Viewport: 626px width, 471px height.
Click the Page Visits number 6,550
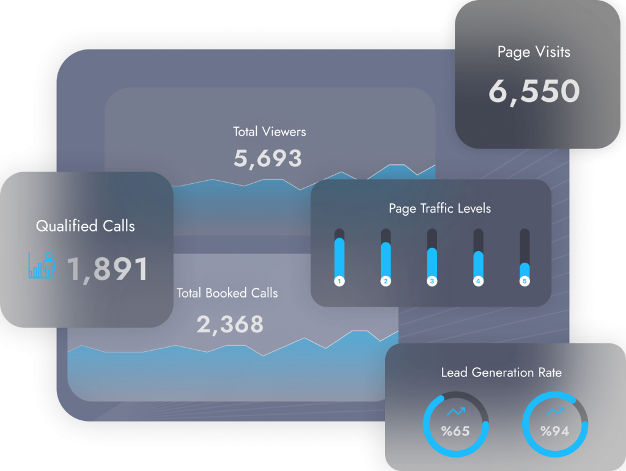point(534,91)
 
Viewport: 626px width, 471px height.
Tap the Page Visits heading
point(534,52)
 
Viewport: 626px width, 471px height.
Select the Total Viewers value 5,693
point(268,158)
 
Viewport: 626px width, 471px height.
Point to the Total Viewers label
point(270,131)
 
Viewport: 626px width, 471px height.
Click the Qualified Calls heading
point(86,226)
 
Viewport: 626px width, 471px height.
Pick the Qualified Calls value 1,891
point(107,269)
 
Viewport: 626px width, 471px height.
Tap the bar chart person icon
point(42,265)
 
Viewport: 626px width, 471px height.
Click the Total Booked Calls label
point(227,293)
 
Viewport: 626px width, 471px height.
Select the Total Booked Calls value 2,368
point(230,324)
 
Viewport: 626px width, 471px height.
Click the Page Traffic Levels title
point(440,208)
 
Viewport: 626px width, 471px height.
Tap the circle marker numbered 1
point(340,281)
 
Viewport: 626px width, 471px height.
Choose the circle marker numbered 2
point(386,281)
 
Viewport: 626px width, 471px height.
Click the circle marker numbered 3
point(432,281)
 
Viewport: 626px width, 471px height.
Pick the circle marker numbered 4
point(478,281)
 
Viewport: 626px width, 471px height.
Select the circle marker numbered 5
point(524,281)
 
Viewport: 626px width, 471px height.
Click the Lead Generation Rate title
point(501,372)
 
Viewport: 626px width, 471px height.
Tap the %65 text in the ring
point(455,431)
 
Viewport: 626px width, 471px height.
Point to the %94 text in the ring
point(555,431)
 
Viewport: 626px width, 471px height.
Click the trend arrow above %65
point(456,412)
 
